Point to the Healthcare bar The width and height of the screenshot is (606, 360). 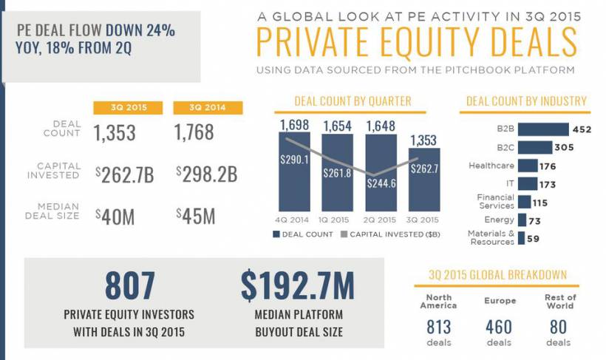tap(527, 166)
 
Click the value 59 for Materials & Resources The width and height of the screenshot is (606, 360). tap(533, 238)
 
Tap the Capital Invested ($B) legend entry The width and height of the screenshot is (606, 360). tap(392, 235)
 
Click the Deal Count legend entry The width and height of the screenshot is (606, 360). tap(304, 235)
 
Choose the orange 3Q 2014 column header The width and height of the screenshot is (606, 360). tap(208, 108)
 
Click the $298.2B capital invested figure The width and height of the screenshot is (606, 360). tap(206, 174)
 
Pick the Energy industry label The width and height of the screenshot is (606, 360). tap(500, 220)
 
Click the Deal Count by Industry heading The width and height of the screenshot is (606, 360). tap(526, 101)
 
